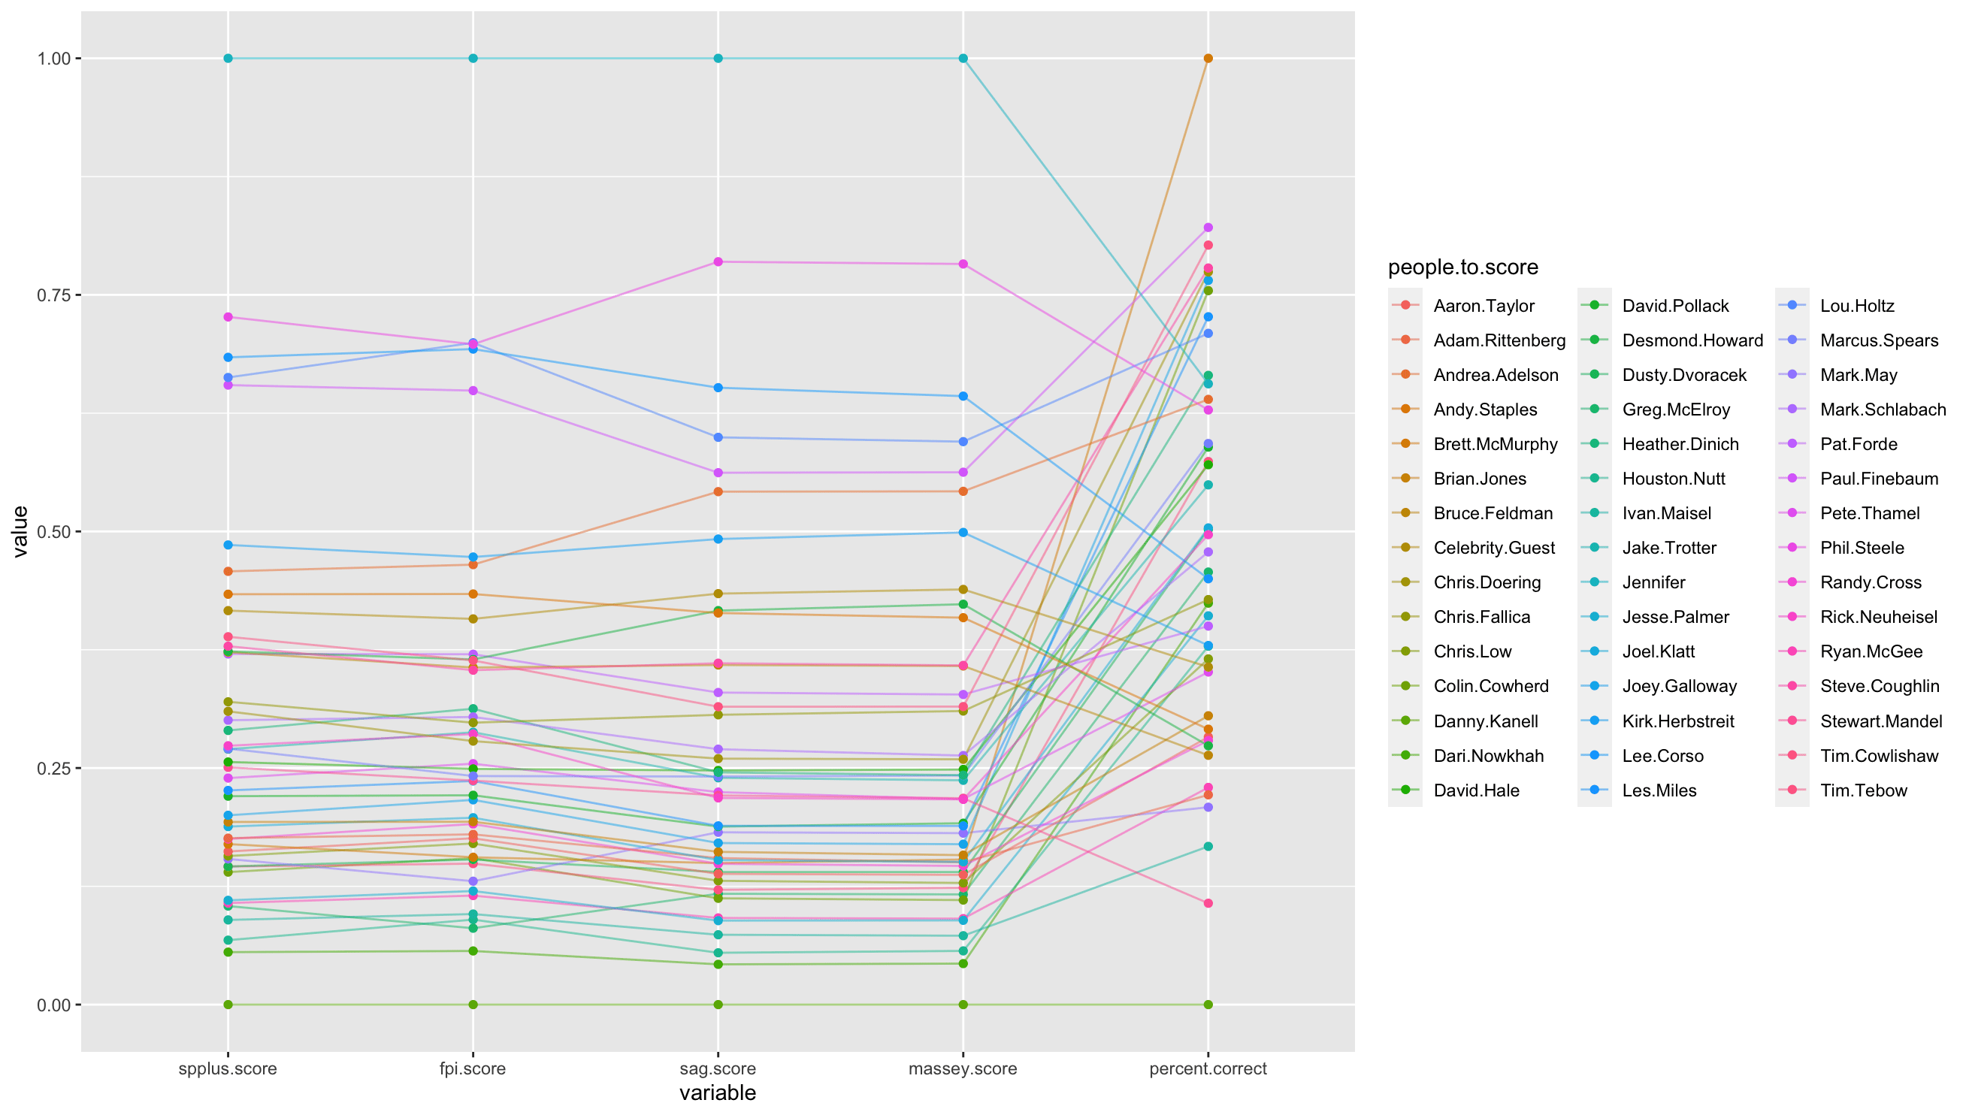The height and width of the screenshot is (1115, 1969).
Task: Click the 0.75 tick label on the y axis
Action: [53, 295]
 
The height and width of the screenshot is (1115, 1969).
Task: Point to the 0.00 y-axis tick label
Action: [53, 1005]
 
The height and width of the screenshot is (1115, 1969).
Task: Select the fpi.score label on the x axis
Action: [473, 1068]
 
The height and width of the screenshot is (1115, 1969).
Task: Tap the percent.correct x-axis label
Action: [1208, 1068]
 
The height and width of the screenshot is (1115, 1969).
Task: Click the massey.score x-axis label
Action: [963, 1068]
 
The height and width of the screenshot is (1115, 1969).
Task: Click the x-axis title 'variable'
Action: [718, 1092]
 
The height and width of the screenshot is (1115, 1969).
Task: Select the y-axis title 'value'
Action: [20, 531]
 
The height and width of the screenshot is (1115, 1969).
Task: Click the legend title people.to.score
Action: [1462, 267]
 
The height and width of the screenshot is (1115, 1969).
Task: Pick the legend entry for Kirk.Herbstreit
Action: [1678, 721]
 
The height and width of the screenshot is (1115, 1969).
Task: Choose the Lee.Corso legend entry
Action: [1662, 756]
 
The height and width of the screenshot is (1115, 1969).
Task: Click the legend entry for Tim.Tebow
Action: [1863, 790]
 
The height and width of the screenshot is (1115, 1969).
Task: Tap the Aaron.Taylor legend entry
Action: [1484, 306]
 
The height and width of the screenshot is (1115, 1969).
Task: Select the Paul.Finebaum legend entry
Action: [1879, 479]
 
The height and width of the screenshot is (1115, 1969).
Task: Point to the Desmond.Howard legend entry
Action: [1692, 340]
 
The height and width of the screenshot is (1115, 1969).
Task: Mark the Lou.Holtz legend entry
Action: [1857, 306]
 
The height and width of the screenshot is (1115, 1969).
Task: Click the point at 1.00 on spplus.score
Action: [228, 59]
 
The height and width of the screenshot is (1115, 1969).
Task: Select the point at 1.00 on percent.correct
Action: [1208, 59]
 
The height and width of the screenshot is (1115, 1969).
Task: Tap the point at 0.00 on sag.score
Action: [718, 1005]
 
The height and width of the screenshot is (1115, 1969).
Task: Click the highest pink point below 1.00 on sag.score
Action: [718, 262]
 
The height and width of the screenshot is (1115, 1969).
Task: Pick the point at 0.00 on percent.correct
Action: [1208, 1005]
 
